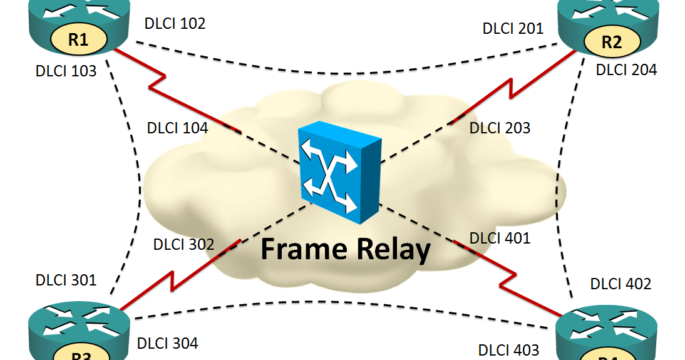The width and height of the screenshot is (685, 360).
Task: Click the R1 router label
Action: (78, 41)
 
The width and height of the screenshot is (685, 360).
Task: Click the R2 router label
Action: (611, 42)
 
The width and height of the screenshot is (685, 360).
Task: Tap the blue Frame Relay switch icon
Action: (339, 172)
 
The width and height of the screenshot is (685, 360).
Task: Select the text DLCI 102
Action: (175, 24)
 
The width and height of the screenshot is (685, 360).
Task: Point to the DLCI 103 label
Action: (66, 71)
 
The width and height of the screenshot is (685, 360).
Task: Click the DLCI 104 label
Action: (177, 128)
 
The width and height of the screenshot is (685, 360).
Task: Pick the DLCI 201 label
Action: (513, 28)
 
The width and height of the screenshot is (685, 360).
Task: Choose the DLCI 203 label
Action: (500, 128)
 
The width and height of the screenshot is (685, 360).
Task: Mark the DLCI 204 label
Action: (626, 69)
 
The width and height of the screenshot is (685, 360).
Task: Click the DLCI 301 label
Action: (66, 279)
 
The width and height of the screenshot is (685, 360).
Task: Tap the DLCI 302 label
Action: (183, 244)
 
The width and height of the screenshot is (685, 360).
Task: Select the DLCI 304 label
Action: (167, 342)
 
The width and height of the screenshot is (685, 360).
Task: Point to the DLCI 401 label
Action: (500, 238)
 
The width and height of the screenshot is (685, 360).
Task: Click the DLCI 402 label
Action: (621, 284)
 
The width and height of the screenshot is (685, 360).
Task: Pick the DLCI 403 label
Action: (508, 349)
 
